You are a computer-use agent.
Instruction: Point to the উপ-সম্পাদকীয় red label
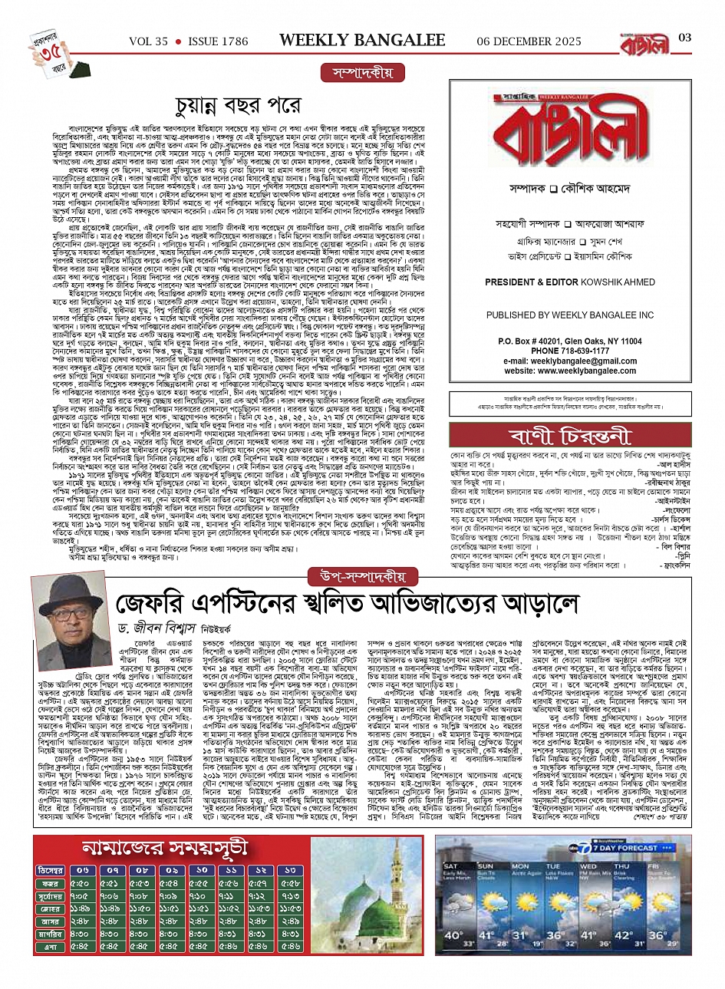pos(362,575)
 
